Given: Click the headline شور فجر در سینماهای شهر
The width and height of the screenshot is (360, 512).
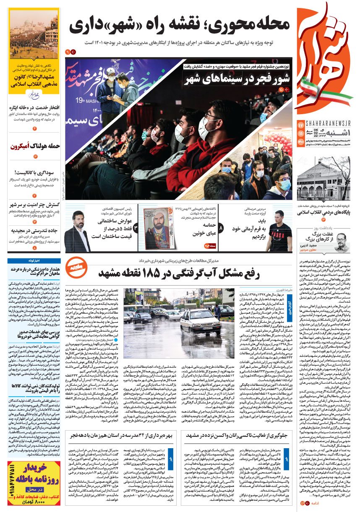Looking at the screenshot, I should coord(237,79).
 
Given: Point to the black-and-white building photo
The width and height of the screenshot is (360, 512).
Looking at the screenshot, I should coord(323,178).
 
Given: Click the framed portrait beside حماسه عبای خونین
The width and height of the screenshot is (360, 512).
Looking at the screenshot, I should coord(157,227).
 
